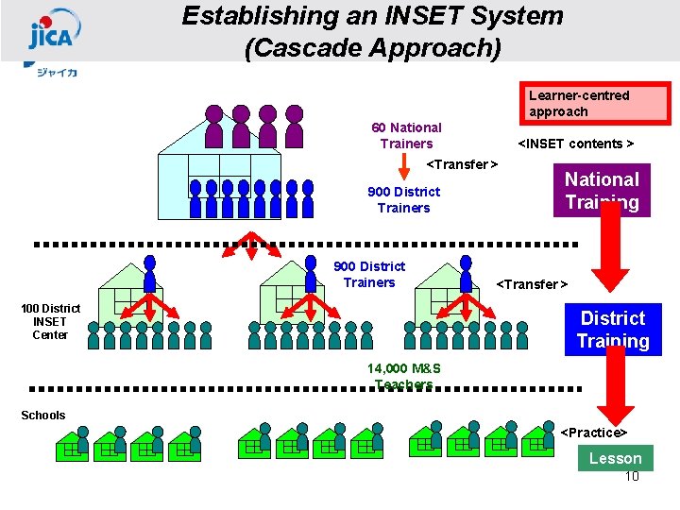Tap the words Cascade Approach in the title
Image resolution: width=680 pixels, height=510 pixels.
(x=372, y=47)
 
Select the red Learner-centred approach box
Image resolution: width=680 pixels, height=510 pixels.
(x=596, y=104)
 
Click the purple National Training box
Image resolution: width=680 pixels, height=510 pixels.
(x=602, y=190)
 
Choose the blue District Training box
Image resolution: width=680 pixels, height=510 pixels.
(x=612, y=329)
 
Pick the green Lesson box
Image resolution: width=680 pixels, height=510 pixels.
(x=615, y=458)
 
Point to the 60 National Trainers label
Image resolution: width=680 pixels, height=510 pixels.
(x=406, y=135)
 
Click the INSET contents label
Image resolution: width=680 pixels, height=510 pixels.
(x=574, y=144)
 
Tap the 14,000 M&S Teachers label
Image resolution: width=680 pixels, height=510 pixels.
(x=404, y=376)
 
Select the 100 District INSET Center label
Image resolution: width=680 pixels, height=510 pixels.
(x=50, y=321)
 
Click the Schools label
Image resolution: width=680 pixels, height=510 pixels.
(x=43, y=416)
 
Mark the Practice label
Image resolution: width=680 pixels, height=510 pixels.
(x=594, y=433)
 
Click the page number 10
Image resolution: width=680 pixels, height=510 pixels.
(x=632, y=476)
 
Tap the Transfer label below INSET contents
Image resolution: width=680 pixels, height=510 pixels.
(x=462, y=165)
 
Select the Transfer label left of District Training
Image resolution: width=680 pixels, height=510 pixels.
(x=532, y=284)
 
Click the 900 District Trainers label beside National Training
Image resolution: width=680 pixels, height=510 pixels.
(x=403, y=199)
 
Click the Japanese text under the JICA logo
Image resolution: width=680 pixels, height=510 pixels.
(x=57, y=72)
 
